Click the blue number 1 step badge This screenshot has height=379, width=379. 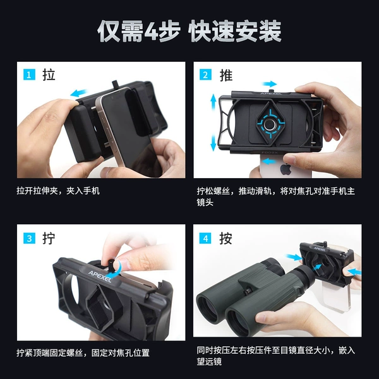[29, 75]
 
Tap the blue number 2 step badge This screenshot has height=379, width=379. [205, 75]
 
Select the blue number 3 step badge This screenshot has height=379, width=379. [29, 238]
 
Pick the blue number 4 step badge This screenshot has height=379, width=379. [205, 238]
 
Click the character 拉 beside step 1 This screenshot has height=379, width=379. [49, 75]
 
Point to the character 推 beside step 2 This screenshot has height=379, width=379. [226, 75]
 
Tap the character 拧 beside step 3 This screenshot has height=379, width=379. [49, 238]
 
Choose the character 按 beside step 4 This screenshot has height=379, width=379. [226, 238]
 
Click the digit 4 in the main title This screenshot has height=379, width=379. [152, 31]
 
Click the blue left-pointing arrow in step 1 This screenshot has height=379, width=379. [78, 93]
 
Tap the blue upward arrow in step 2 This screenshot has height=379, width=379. [214, 102]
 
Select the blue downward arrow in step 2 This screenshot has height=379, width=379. [214, 143]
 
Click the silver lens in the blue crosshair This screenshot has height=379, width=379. [270, 124]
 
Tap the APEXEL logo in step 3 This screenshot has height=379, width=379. [100, 276]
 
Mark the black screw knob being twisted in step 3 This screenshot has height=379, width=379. [111, 265]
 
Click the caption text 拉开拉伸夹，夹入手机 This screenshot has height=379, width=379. [58, 191]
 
